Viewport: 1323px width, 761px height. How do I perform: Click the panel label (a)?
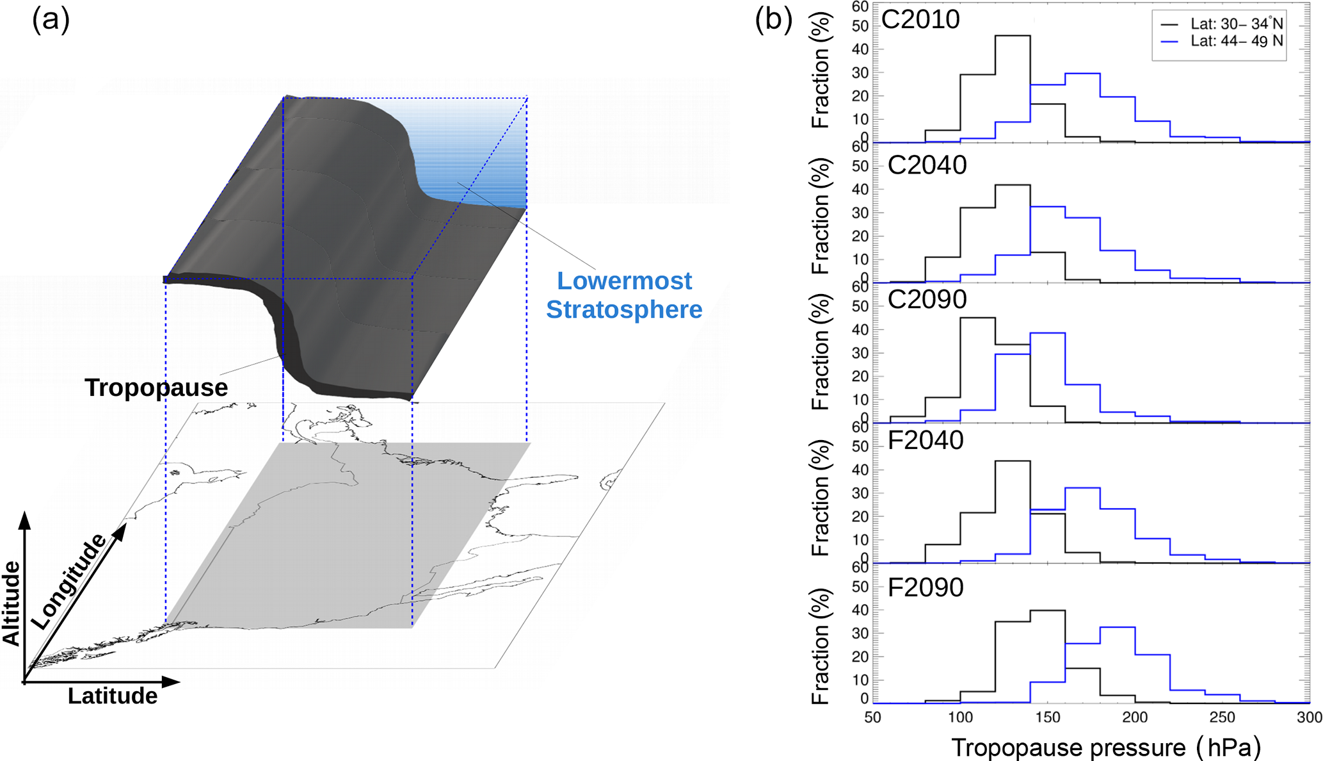coord(51,20)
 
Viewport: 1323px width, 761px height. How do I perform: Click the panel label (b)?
coord(773,20)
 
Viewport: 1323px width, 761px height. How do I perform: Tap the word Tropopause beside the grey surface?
coord(156,388)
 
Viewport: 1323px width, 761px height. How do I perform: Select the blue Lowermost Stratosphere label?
coord(624,295)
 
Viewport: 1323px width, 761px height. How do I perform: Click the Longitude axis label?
coord(68,581)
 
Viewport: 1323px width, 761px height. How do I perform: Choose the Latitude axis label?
coord(113,696)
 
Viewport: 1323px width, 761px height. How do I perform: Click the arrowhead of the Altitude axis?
coord(25,520)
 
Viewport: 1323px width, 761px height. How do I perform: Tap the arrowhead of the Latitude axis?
coord(171,682)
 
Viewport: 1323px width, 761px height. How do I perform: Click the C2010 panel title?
coord(920,20)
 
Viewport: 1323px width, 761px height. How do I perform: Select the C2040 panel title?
coord(927,165)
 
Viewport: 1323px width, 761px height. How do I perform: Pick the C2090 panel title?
coord(927,299)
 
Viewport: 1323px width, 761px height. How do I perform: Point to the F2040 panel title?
coord(925,441)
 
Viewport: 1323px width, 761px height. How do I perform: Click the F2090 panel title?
coord(925,587)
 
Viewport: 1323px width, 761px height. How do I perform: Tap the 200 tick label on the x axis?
coord(1135,717)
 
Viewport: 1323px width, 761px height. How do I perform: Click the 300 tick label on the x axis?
coord(1309,717)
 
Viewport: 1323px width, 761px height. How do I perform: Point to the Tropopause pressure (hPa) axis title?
coord(1106,748)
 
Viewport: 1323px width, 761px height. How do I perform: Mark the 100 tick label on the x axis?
coord(960,717)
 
